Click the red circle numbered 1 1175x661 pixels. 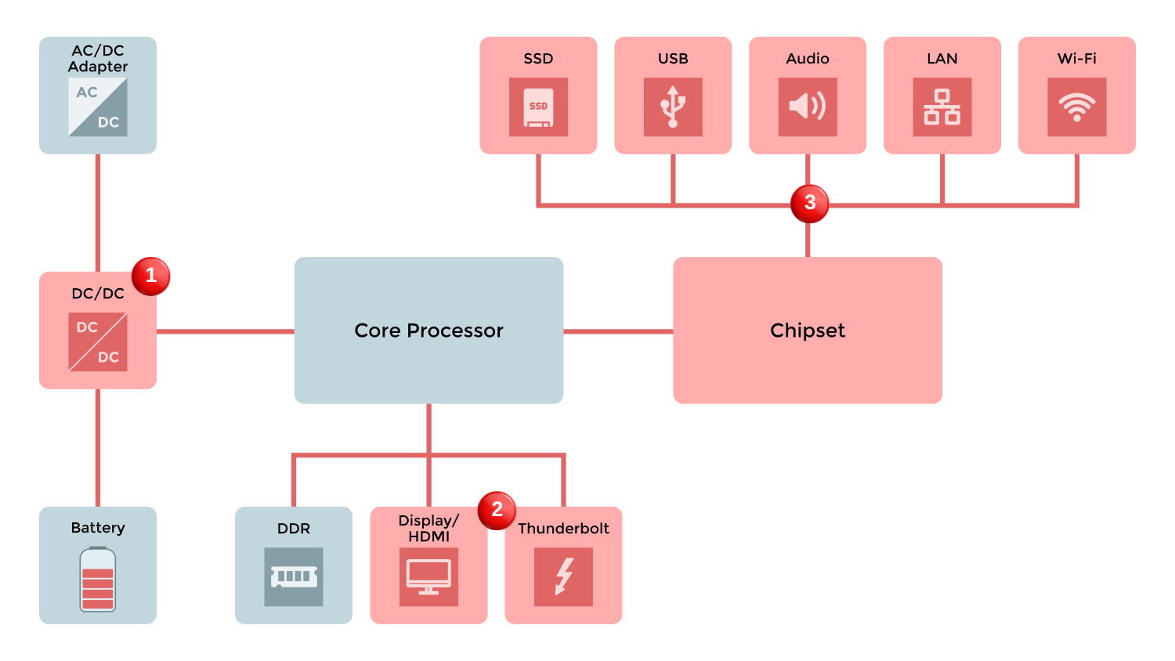point(151,276)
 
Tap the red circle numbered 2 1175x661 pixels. point(497,511)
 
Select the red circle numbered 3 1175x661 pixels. point(810,204)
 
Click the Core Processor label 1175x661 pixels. point(428,330)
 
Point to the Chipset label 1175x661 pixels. point(808,330)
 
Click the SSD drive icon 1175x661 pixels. point(538,107)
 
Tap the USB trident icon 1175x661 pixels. point(673,107)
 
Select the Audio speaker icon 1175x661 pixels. point(808,107)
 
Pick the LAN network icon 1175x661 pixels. point(942,107)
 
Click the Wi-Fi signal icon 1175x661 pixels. point(1077,107)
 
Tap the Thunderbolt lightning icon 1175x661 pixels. point(563,577)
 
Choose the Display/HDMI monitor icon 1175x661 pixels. point(428,577)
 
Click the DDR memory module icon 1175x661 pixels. point(294,577)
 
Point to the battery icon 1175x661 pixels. point(98,580)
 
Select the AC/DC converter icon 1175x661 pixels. point(98,107)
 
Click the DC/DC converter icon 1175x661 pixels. point(98,342)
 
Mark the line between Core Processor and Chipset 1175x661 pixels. point(618,331)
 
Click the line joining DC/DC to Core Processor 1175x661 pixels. point(226,331)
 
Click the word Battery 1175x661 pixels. point(98,528)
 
